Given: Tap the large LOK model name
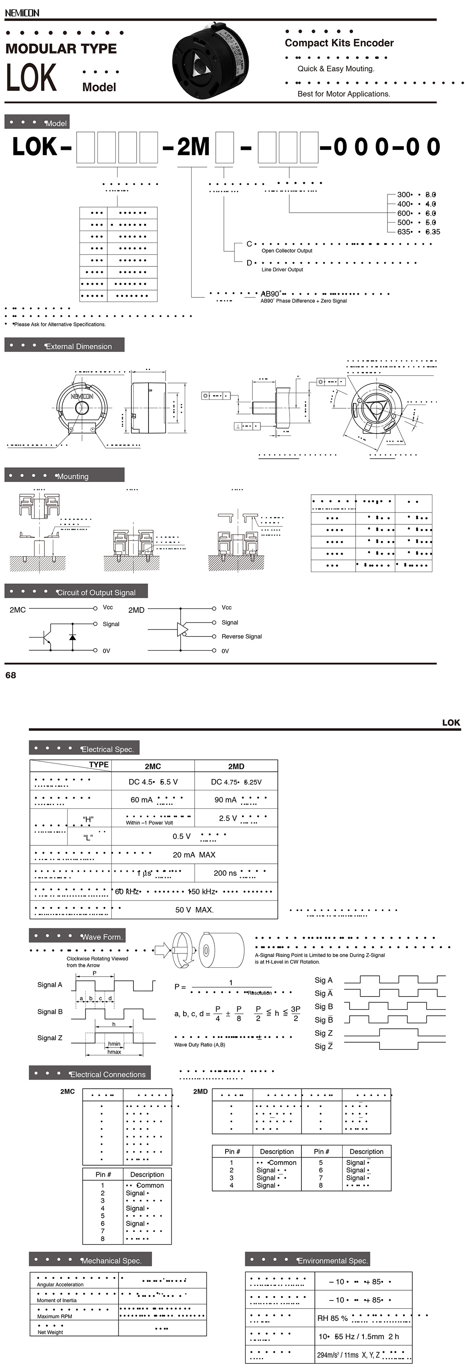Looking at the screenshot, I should coord(31,77).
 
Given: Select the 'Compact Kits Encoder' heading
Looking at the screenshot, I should coord(339,43).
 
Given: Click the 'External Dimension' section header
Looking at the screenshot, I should coord(78,346).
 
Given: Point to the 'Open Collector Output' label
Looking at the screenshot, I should coord(287,251).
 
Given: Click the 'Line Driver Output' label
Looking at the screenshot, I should coord(282,269).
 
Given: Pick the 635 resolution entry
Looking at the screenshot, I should coord(404,232).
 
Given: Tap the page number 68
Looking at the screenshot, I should coord(11,675).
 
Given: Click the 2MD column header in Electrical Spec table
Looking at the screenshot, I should coord(236,766).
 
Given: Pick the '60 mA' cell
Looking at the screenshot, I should coord(142,800).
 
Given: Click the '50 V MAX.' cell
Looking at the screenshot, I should coord(194,910).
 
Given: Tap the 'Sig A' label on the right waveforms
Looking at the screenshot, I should coord(323,980).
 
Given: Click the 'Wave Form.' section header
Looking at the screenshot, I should coord(102,937).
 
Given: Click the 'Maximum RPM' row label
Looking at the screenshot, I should coord(54,1316).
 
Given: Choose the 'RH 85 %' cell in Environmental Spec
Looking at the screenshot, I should coord(332,1318).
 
